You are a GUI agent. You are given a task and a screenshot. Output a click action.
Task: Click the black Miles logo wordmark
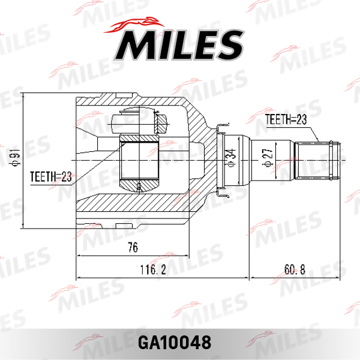(x=179, y=45)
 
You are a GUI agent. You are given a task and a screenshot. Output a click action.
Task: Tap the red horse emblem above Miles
(x=134, y=25)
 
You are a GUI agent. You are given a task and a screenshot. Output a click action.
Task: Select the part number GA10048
(x=175, y=343)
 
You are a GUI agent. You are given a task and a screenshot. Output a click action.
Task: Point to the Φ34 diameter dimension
(x=232, y=157)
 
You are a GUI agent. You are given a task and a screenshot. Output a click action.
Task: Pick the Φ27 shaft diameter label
(x=268, y=157)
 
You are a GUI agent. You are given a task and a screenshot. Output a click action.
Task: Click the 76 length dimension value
(x=133, y=247)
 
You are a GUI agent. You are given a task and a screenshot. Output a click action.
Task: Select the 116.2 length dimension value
(x=153, y=269)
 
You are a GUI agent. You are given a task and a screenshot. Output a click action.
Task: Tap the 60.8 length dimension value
(x=295, y=269)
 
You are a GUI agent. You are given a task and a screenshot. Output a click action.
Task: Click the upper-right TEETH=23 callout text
(x=286, y=119)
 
